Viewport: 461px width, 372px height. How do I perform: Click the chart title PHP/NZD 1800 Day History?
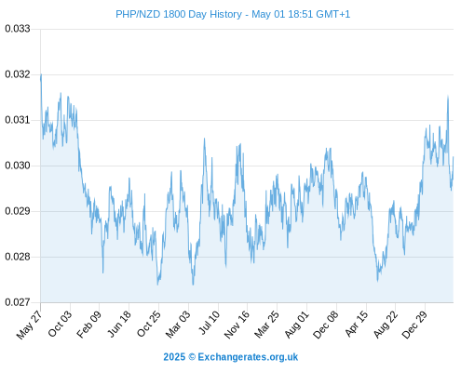pos(179,14)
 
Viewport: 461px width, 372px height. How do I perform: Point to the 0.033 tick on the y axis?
pos(18,29)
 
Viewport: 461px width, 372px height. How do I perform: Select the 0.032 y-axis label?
pos(18,74)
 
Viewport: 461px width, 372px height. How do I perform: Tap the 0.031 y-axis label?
pos(18,120)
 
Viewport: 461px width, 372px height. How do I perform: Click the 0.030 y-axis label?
pos(18,166)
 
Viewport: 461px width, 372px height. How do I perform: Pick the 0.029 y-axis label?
pos(18,211)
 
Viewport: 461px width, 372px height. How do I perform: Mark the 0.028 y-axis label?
pos(18,257)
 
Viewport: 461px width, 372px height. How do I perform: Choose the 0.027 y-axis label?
pos(18,302)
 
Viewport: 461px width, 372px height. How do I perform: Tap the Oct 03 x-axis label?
pos(60,324)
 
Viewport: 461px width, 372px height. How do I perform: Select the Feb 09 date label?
pos(89,325)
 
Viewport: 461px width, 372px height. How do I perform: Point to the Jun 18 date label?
pos(119,324)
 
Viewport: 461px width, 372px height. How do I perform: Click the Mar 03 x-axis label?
pos(178,325)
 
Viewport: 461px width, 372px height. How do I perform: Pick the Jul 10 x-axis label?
pos(210,323)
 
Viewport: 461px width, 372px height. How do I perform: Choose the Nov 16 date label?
pos(237,325)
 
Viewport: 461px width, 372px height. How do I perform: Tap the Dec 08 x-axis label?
pos(326,325)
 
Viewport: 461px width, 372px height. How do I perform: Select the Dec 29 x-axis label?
pos(414,325)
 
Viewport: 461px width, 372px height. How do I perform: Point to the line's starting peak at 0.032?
pos(41,74)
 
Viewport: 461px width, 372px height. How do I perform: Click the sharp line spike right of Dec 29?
pos(448,96)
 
